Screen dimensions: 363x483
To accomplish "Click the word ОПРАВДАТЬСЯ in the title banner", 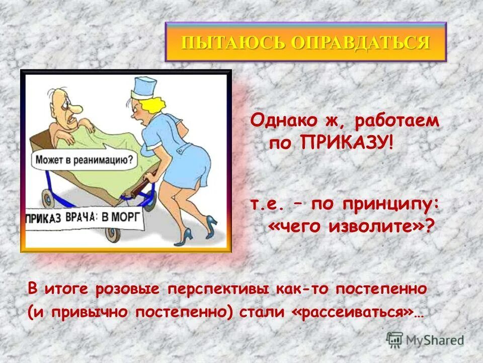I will click(360, 42).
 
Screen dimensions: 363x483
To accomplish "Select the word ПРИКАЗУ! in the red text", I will click(347, 143).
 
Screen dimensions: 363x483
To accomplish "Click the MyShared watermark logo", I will click(425, 340).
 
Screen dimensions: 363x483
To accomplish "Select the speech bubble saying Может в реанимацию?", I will click(85, 160).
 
